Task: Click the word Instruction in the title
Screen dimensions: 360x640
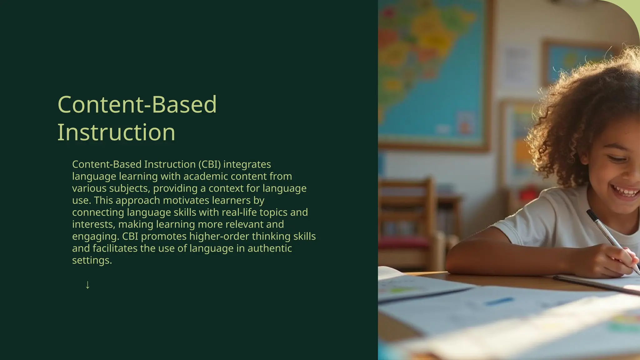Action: pyautogui.click(x=116, y=132)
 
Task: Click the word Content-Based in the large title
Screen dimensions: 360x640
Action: pyautogui.click(x=137, y=104)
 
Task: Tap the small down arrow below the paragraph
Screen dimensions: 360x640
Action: pyautogui.click(x=87, y=285)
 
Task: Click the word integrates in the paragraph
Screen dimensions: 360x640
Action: pyautogui.click(x=247, y=164)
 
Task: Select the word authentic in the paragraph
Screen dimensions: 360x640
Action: pyautogui.click(x=270, y=248)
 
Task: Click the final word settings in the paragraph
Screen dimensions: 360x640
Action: pyautogui.click(x=92, y=260)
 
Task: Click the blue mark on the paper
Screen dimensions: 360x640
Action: pyautogui.click(x=499, y=301)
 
